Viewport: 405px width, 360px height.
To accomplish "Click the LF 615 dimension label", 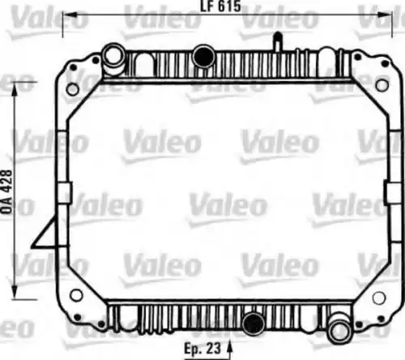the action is click(x=220, y=6).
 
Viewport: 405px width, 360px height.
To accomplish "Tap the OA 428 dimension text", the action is click(x=7, y=192).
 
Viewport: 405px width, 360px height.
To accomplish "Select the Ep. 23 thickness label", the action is click(x=202, y=349).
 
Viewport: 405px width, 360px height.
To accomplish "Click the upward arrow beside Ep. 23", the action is click(x=229, y=350).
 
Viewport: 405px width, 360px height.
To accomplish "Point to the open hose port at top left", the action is click(x=113, y=56).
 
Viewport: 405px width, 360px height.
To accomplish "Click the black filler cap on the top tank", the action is click(x=204, y=56).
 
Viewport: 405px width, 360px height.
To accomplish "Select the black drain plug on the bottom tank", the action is click(x=254, y=324).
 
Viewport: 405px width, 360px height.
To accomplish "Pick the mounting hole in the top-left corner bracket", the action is click(x=73, y=89).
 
